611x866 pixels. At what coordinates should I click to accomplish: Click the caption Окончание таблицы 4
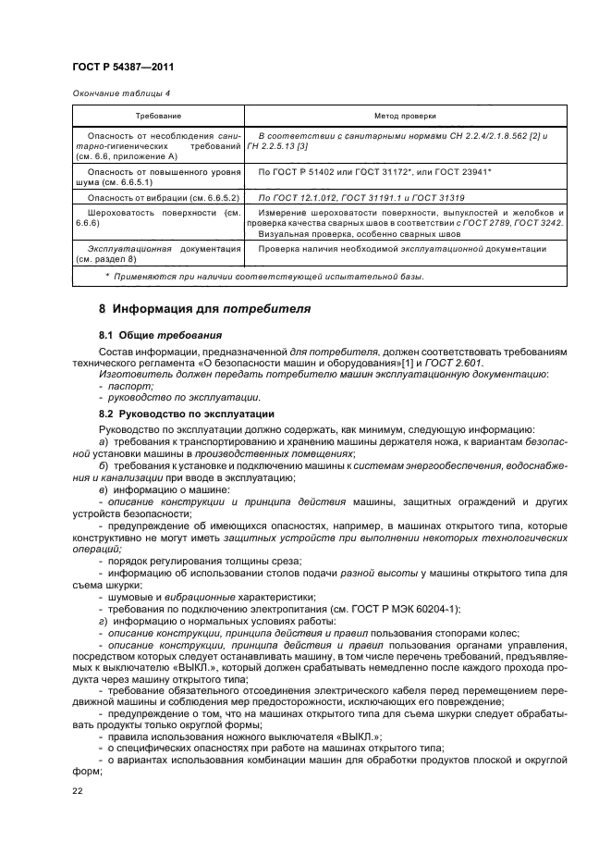pyautogui.click(x=120, y=93)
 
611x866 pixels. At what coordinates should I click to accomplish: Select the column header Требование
pyautogui.click(x=158, y=117)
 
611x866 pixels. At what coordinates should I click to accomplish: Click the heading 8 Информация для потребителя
pyautogui.click(x=204, y=307)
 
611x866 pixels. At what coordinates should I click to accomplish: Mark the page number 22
pyautogui.click(x=77, y=789)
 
